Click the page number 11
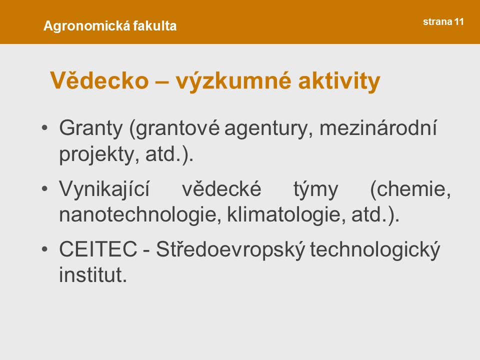pos(459,21)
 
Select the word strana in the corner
pos(438,21)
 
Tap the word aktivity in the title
pos(339,81)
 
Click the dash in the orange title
pos(162,82)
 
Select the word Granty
pos(91,128)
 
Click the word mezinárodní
pos(378,127)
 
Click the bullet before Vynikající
pos(44,188)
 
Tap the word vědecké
pos(221,188)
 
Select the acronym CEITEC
pos(98,249)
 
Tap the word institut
pos(93,274)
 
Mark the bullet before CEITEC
pos(44,249)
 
